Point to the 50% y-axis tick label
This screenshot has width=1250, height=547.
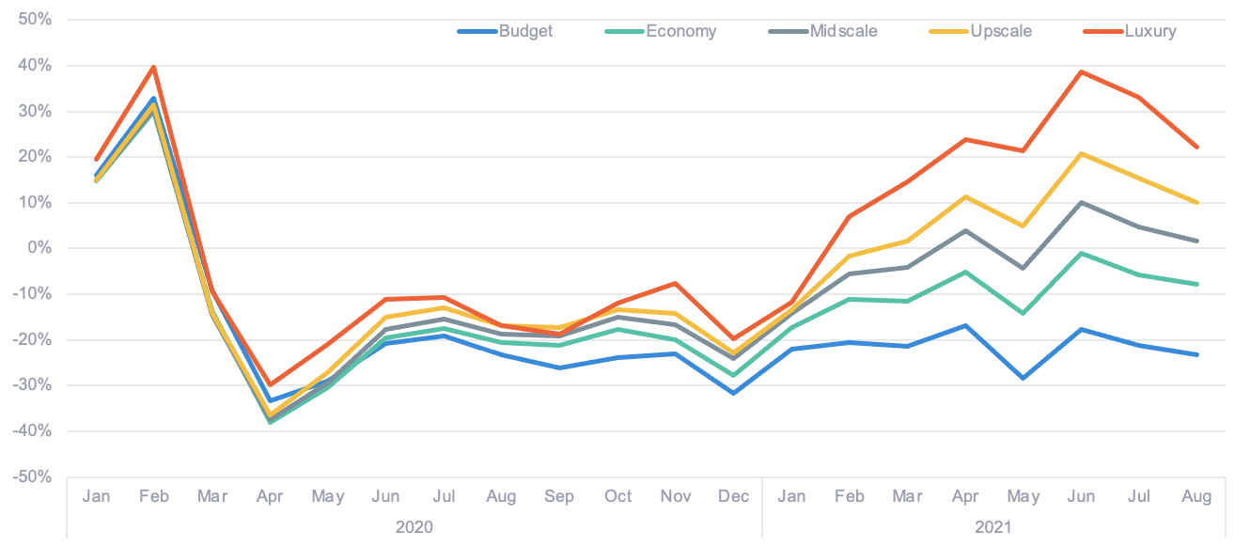pyautogui.click(x=32, y=20)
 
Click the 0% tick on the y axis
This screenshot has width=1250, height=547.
pyautogui.click(x=38, y=248)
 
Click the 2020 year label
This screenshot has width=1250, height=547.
pyautogui.click(x=414, y=527)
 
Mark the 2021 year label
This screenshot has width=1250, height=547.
pyautogui.click(x=993, y=527)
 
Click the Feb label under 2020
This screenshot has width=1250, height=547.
pyautogui.click(x=153, y=496)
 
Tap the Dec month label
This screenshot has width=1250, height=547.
pyautogui.click(x=733, y=496)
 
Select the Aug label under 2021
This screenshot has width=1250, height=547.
pyautogui.click(x=1196, y=496)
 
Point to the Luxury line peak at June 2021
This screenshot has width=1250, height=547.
pyautogui.click(x=1081, y=71)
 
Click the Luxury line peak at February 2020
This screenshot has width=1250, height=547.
pyautogui.click(x=153, y=67)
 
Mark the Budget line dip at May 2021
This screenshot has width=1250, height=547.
pyautogui.click(x=1023, y=379)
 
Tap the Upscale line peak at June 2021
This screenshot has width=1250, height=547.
pyautogui.click(x=1081, y=153)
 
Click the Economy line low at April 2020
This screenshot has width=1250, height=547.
pyautogui.click(x=270, y=422)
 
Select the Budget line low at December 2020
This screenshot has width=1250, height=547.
pyautogui.click(x=733, y=393)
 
